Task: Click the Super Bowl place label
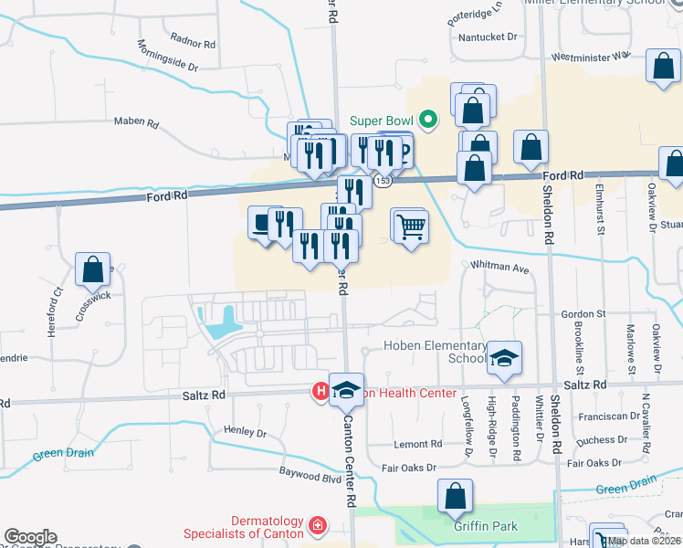click(381, 120)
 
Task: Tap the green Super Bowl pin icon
click(426, 120)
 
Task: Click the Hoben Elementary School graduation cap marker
click(502, 360)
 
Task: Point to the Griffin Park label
click(486, 526)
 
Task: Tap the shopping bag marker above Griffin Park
click(455, 497)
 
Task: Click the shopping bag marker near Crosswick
click(93, 270)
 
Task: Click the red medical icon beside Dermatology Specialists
click(317, 526)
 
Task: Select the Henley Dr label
click(245, 431)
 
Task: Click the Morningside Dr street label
click(167, 56)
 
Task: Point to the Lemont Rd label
click(417, 444)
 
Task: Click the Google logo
click(30, 537)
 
